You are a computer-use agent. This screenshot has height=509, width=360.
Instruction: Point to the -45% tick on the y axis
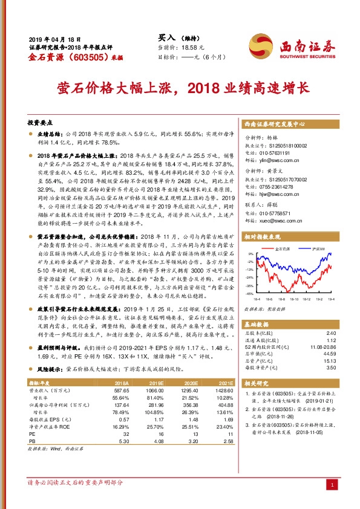[249, 294]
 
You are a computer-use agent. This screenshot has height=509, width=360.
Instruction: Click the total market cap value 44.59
[330, 353]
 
